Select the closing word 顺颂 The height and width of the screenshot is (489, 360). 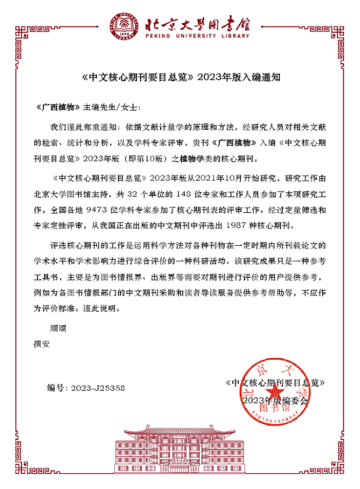[58, 328]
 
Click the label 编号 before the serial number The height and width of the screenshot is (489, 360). [56, 388]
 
